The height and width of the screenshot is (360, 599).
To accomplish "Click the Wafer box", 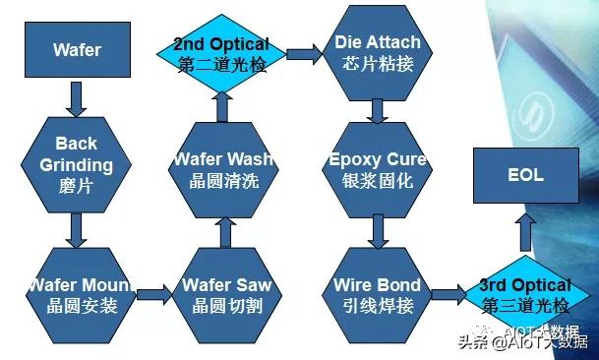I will (76, 50).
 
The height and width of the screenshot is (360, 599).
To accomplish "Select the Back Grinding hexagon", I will (76, 163).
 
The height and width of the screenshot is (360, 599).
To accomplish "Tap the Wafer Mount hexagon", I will (76, 293).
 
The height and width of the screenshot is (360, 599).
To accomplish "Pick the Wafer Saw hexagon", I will (226, 293).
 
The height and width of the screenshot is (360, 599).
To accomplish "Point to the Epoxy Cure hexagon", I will (376, 169).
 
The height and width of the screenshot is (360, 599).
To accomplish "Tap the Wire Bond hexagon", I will (377, 293).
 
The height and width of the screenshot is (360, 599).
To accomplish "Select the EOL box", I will (525, 178).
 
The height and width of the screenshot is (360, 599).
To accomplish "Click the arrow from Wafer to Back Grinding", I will (76, 96).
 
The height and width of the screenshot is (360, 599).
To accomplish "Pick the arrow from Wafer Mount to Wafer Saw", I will (150, 292).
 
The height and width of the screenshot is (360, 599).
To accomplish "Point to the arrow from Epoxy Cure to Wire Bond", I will (377, 232).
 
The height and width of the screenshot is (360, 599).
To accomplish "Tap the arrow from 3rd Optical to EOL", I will (525, 234).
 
